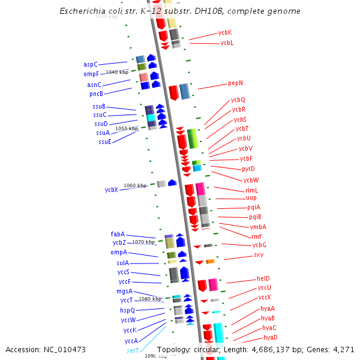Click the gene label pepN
click(x=235, y=83)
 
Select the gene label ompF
click(x=91, y=74)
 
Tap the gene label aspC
click(x=91, y=64)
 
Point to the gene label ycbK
click(x=225, y=32)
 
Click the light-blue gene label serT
click(x=133, y=350)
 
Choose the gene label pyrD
click(x=248, y=169)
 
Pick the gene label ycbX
click(x=111, y=190)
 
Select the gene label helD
click(x=263, y=278)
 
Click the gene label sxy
click(x=259, y=254)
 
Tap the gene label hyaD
click(x=270, y=337)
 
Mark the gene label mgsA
click(x=124, y=291)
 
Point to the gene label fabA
click(x=118, y=234)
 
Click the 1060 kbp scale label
click(x=135, y=185)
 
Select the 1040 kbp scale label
click(x=117, y=72)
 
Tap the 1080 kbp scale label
click(x=150, y=299)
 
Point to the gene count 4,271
click(x=343, y=349)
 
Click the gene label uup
click(x=251, y=197)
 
